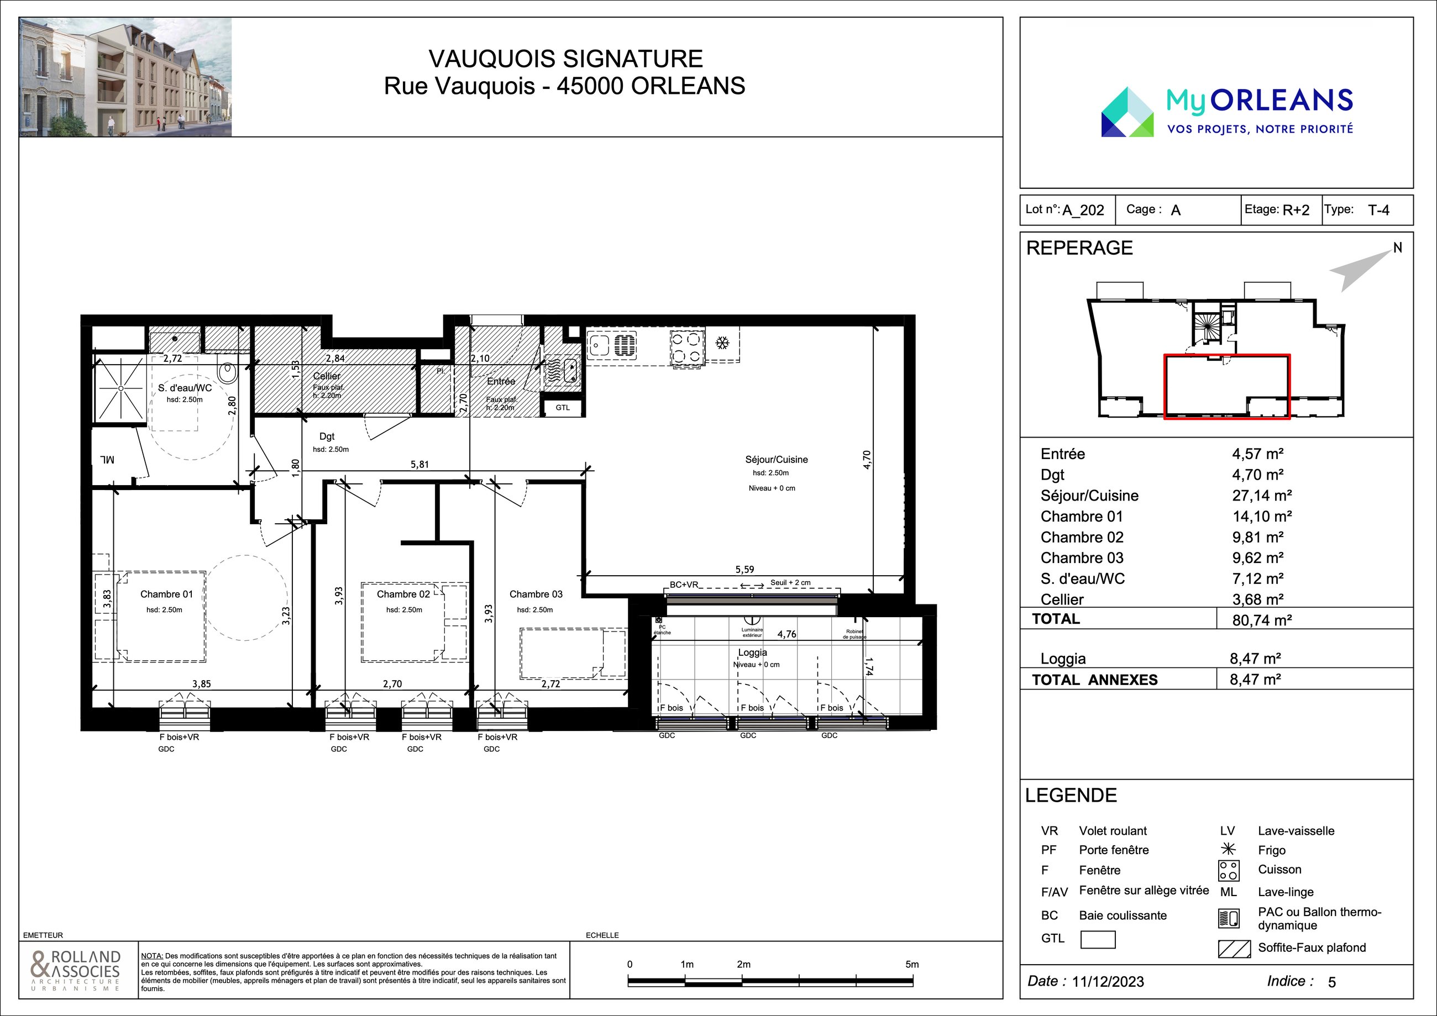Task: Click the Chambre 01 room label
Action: [166, 594]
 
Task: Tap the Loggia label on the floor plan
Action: [752, 652]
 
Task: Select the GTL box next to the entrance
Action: [563, 408]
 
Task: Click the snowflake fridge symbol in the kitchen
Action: [722, 343]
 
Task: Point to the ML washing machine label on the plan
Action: [107, 460]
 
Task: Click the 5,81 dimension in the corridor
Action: [419, 464]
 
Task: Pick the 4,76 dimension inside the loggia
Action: [786, 634]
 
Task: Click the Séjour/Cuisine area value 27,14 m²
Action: [1262, 496]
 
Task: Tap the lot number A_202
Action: [1083, 210]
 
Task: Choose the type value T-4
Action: [1378, 210]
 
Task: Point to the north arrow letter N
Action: [1398, 248]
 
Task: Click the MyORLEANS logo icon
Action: [1127, 112]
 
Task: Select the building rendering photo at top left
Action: [125, 77]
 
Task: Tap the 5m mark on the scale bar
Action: [912, 964]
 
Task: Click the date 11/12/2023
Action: [1108, 982]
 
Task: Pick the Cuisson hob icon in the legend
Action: [1229, 870]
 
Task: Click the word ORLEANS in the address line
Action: [688, 86]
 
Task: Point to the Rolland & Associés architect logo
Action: [75, 969]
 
